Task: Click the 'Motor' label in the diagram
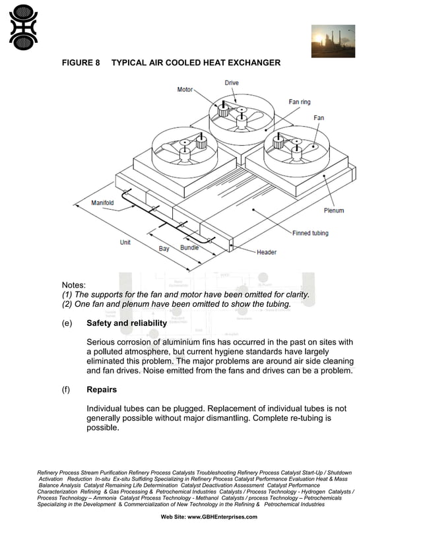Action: (x=185, y=89)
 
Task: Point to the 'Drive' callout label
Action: (x=232, y=83)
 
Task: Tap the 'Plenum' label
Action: (x=333, y=210)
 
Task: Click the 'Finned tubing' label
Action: (x=310, y=233)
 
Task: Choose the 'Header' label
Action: (x=267, y=252)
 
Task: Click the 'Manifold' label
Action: (x=102, y=203)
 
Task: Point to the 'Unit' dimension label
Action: (x=125, y=242)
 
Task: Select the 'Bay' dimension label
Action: (x=164, y=249)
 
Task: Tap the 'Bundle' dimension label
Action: (x=189, y=247)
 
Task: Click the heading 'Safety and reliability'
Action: (x=127, y=323)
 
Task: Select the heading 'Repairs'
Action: (x=102, y=389)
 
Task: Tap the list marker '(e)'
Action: (x=67, y=323)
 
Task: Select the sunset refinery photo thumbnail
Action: (x=333, y=42)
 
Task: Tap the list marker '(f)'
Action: (x=67, y=389)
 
